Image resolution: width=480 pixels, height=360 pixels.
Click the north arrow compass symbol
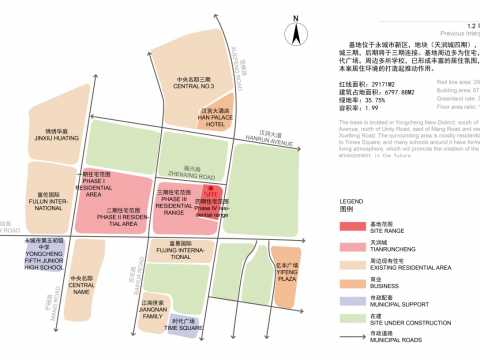click(x=296, y=34)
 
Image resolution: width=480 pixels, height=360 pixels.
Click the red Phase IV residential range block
click(x=210, y=193)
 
